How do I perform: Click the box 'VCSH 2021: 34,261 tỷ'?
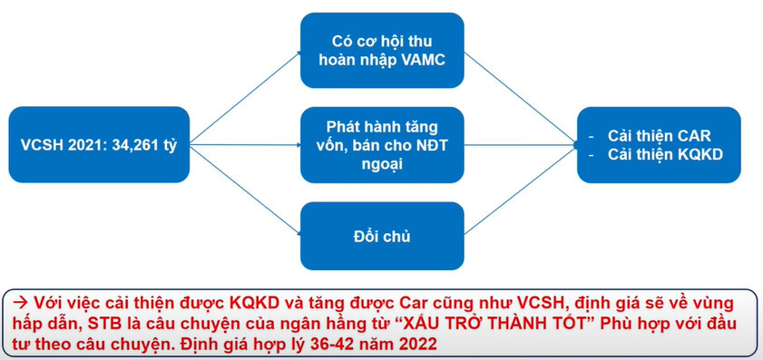coord(99,144)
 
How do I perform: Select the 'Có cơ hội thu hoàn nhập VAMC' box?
coord(382,50)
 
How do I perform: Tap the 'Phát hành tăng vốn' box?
coord(382,145)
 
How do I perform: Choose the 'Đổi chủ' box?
coord(382,236)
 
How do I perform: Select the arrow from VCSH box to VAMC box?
coord(245,98)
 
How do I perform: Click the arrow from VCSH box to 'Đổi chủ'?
coord(245,190)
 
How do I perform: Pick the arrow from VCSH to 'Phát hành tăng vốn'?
coord(245,144)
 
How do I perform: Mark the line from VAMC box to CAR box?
coord(521,98)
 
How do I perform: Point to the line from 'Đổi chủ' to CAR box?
coord(521,190)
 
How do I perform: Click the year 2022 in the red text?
coord(416,345)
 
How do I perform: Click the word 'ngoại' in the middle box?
coord(382,164)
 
